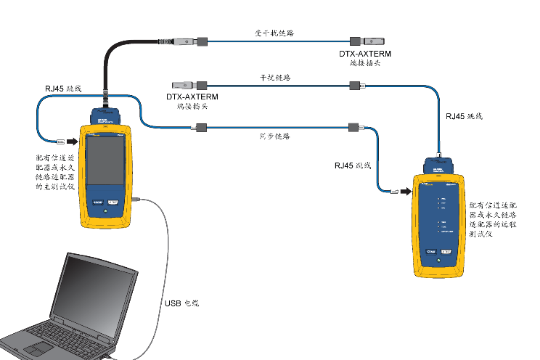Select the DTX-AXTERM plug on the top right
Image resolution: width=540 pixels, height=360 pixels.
[x=367, y=41]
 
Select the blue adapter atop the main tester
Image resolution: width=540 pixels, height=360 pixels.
[x=106, y=115]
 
